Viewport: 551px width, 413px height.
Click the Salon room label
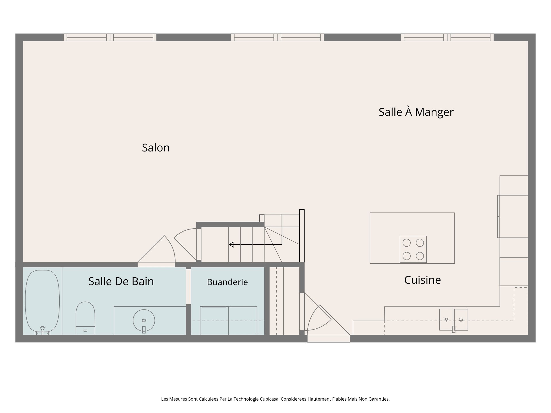(x=156, y=148)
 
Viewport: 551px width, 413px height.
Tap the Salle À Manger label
(x=416, y=112)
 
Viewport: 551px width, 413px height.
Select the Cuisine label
(x=422, y=280)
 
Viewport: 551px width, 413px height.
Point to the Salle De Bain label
(x=121, y=281)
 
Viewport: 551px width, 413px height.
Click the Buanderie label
(x=227, y=282)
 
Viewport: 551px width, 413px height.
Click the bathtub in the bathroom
(x=42, y=302)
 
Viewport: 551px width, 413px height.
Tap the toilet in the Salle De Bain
(x=85, y=318)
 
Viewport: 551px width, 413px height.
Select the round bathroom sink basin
(x=144, y=321)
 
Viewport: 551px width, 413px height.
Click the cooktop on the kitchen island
(x=413, y=249)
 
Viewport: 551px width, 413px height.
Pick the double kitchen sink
(x=453, y=320)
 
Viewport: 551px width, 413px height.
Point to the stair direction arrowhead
(x=231, y=244)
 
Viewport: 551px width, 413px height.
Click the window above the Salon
(x=110, y=37)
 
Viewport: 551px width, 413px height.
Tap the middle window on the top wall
(x=277, y=37)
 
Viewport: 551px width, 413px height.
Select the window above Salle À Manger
(x=447, y=37)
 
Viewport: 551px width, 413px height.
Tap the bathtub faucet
(x=42, y=330)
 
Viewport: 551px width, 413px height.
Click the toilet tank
(x=85, y=330)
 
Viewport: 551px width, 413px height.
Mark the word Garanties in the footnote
(x=379, y=399)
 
